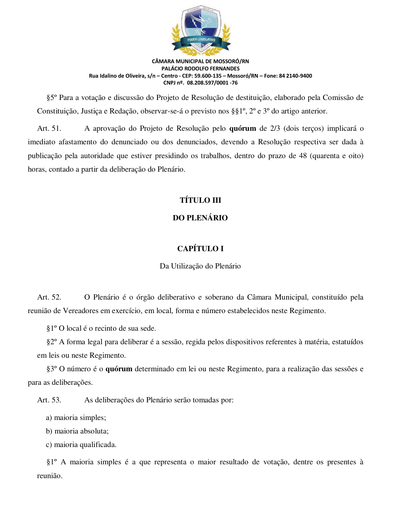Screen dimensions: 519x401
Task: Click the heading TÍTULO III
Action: (200, 200)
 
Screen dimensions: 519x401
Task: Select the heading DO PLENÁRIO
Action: (200, 218)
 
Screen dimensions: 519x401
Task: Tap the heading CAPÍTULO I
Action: (200, 249)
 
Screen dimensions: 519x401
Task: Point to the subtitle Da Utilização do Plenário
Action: (200, 266)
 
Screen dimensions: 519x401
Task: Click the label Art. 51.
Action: (49, 129)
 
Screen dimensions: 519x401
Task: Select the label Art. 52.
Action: (49, 297)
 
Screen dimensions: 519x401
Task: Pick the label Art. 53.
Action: (49, 400)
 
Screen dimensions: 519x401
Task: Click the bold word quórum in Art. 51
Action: (242, 129)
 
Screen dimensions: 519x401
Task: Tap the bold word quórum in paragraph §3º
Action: (119, 369)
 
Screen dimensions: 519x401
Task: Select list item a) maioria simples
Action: (76, 418)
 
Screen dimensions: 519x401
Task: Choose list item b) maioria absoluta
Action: (77, 431)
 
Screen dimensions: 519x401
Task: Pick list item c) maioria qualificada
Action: (81, 445)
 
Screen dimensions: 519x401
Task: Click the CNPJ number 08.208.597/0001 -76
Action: (212, 83)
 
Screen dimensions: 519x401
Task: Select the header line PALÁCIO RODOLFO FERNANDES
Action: (200, 69)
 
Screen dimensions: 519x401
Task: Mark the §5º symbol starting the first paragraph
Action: (51, 98)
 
